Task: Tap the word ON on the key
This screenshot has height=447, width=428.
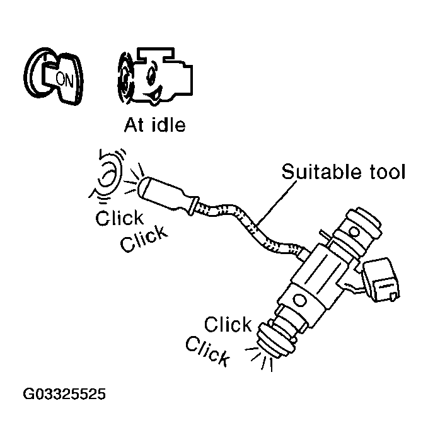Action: coord(64,79)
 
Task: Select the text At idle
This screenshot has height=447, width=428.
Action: coord(154,125)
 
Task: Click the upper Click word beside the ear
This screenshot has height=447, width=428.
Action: coord(120,218)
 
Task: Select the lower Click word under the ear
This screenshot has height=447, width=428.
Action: coord(145,239)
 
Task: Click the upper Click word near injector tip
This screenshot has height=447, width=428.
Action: coord(228,325)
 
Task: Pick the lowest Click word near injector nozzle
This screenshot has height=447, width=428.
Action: coord(207,351)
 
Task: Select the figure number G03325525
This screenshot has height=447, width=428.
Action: coord(65,395)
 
